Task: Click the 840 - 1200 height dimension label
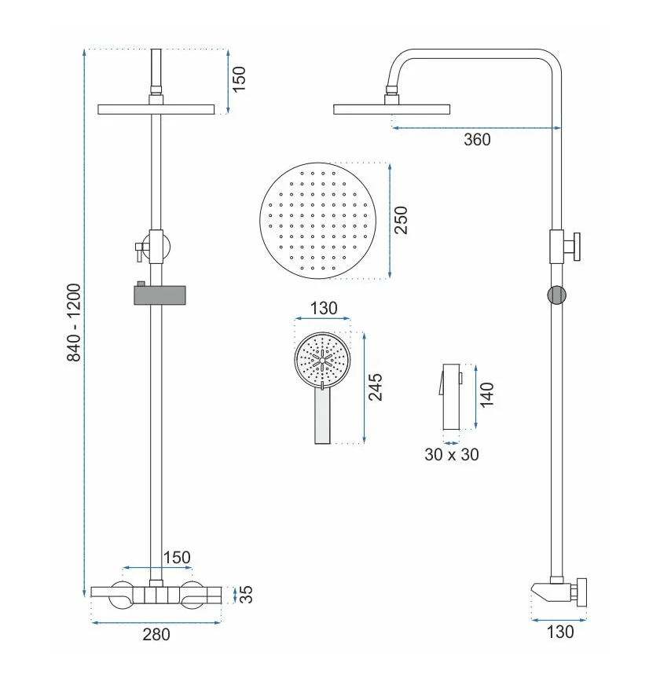[74, 323]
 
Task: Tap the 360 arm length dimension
[477, 140]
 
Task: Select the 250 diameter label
[401, 221]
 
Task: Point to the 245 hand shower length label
[376, 387]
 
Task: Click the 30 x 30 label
[452, 454]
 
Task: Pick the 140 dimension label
[487, 394]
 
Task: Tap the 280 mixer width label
[156, 634]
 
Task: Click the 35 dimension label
[246, 595]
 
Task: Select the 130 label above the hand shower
[324, 308]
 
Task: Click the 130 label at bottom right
[560, 632]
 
